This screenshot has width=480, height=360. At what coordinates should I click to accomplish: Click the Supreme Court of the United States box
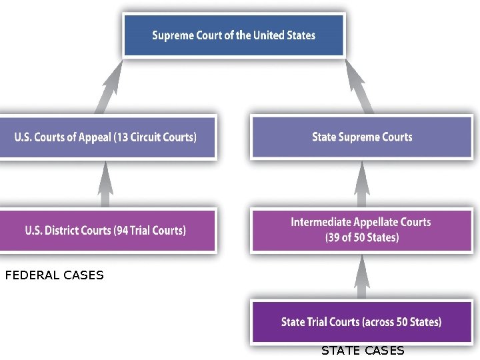(233, 35)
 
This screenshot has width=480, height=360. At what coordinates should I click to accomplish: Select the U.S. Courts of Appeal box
(107, 137)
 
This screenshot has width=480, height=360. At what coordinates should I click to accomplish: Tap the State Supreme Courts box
(362, 137)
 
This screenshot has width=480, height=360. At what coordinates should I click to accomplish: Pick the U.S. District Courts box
(107, 231)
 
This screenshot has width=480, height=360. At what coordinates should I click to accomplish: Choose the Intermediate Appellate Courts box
(361, 230)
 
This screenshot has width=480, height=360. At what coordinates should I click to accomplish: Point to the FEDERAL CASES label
(54, 275)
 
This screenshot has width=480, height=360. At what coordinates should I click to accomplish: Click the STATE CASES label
(363, 351)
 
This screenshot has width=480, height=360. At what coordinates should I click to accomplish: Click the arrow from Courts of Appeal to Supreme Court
(109, 87)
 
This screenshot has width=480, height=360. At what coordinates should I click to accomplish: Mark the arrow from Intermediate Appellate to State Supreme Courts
(361, 184)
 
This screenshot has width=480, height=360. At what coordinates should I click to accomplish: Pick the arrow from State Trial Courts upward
(361, 276)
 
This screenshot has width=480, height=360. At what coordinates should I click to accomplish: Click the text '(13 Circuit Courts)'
(155, 137)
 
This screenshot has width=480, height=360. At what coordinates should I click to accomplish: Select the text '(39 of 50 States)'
(361, 237)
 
